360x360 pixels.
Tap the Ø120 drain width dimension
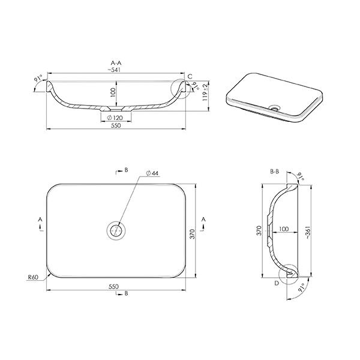coord(116,118)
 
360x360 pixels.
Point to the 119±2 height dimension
coord(205,94)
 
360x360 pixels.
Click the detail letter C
coord(190,77)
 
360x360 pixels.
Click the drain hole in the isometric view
coord(275,108)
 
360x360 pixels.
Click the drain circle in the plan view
coord(116,230)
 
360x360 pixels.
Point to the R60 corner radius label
coord(34,278)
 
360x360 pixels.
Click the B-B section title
coord(275,172)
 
